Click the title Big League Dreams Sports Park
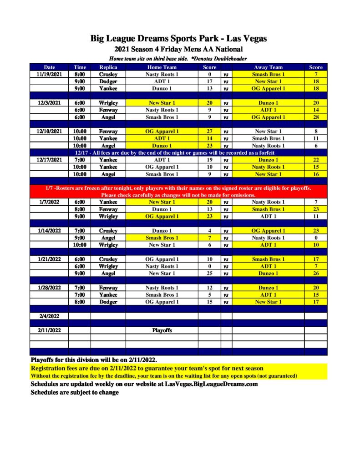pos(178,38)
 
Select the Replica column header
pos(108,67)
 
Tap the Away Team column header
pos(268,67)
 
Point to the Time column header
pos(80,67)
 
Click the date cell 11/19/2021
pos(49,74)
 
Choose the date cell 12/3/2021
pos(49,103)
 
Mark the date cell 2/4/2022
pos(49,316)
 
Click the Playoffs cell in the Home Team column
pos(162,330)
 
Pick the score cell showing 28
pos(315,117)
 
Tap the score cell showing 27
pos(209,132)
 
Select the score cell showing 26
pos(315,274)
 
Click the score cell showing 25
pos(209,274)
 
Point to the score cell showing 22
pos(315,160)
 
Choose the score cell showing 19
pos(209,160)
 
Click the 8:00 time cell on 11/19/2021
pos(80,74)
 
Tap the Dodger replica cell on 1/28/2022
pos(108,302)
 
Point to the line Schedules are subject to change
pos(75,392)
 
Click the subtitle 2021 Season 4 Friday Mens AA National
pos(178,49)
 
